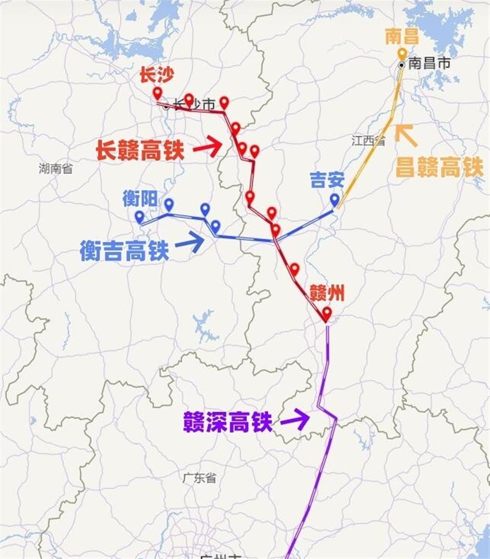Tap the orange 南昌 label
402,37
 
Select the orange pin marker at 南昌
402,54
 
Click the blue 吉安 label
327,180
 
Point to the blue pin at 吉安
335,200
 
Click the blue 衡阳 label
139,198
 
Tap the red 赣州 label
327,294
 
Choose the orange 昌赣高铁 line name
439,168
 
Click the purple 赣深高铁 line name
228,422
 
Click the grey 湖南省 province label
55,168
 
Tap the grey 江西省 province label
369,140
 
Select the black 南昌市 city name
429,64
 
